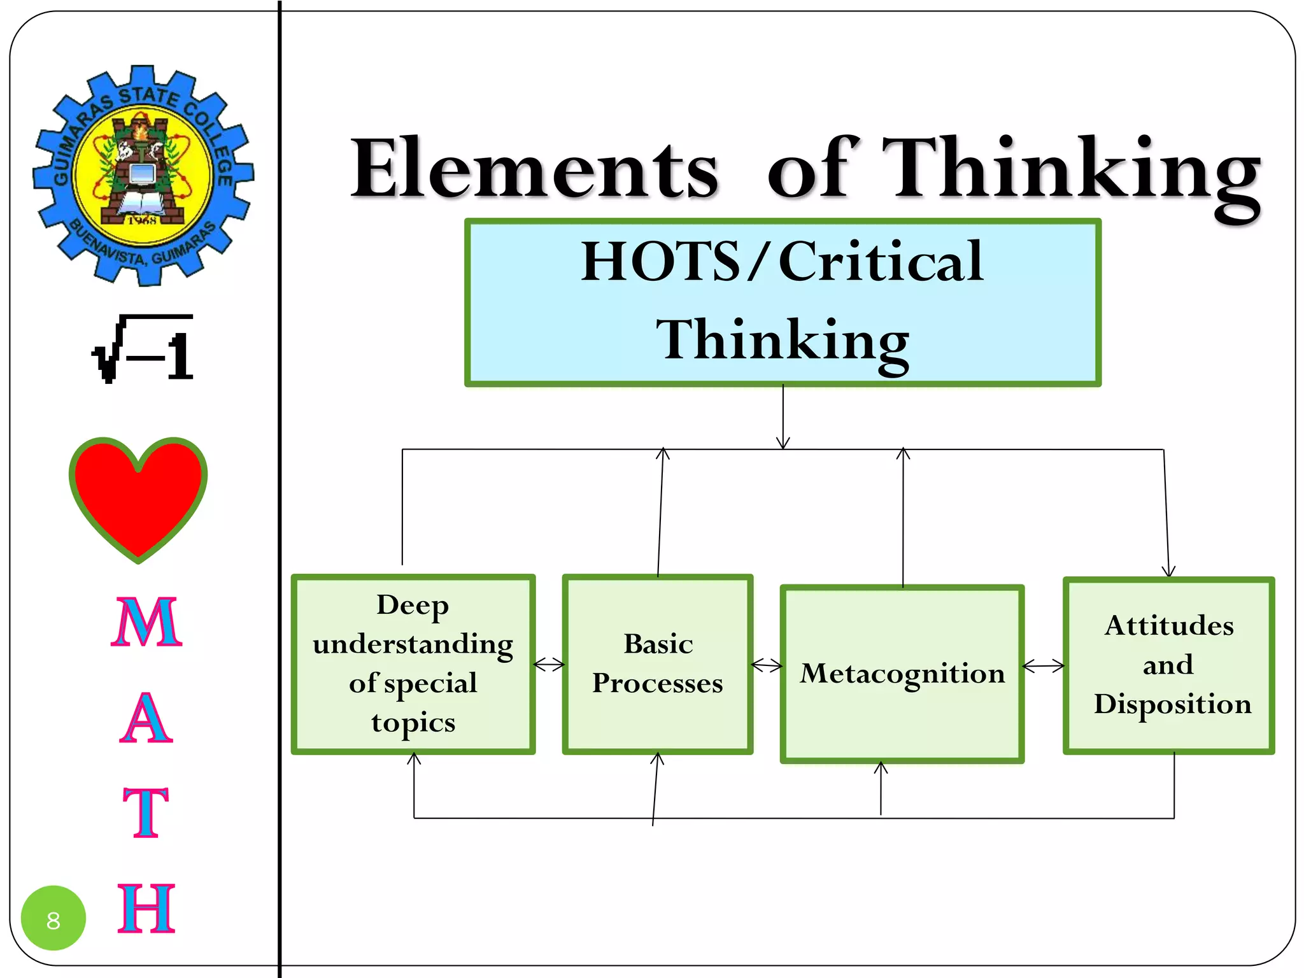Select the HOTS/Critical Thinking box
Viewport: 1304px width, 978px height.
(x=783, y=302)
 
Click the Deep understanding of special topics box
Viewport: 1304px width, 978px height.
(x=413, y=664)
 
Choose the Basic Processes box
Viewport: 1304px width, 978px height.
(x=658, y=664)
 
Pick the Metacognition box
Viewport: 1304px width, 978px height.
(x=902, y=674)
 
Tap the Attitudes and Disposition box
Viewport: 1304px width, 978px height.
(x=1169, y=665)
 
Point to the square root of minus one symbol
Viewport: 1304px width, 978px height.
(x=144, y=349)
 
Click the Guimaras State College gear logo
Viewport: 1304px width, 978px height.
(x=143, y=175)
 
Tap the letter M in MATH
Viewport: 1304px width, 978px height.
(x=146, y=623)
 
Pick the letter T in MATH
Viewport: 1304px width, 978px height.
(x=146, y=812)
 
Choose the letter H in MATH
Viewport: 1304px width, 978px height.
(x=146, y=909)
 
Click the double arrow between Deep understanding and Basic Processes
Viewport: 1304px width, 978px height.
(x=549, y=665)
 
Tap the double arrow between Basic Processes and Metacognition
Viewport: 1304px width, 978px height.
(x=767, y=666)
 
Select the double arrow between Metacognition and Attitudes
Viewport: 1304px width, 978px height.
(x=1043, y=666)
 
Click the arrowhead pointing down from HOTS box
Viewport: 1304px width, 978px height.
(x=783, y=443)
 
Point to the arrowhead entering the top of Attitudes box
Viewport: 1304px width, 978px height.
(x=1168, y=570)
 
